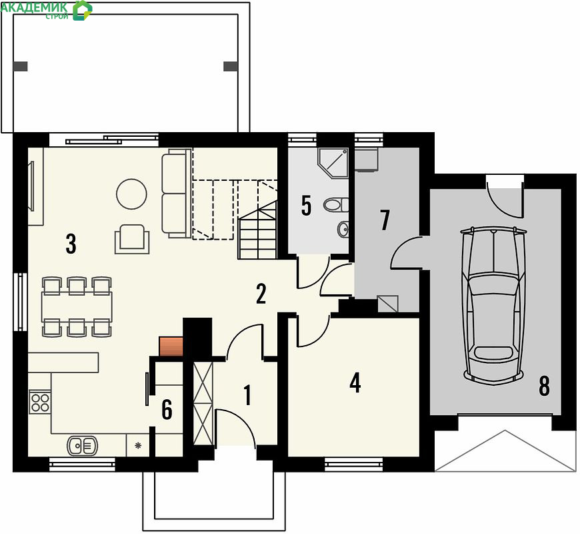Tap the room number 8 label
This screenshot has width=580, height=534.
[x=544, y=386]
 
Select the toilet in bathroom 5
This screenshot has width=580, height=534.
[x=336, y=204]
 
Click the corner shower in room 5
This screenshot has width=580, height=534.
[x=333, y=163]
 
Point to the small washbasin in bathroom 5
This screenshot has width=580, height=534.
[x=343, y=228]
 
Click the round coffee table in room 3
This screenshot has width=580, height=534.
[x=131, y=194]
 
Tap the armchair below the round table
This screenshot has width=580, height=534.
[x=132, y=239]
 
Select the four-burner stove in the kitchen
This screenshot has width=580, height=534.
[x=40, y=402]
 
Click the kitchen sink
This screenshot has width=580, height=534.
[x=82, y=445]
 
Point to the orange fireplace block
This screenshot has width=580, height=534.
[x=171, y=346]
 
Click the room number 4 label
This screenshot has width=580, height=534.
[x=355, y=383]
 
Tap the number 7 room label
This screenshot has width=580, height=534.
[x=385, y=220]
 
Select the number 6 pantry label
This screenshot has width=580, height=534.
[x=167, y=410]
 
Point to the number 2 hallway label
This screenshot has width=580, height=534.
[x=261, y=294]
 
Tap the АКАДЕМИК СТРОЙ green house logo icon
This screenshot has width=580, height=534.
[x=82, y=10]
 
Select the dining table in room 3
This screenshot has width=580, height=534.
[x=77, y=306]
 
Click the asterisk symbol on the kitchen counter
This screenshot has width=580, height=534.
[x=138, y=445]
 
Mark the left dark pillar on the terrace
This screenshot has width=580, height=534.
[x=21, y=66]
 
